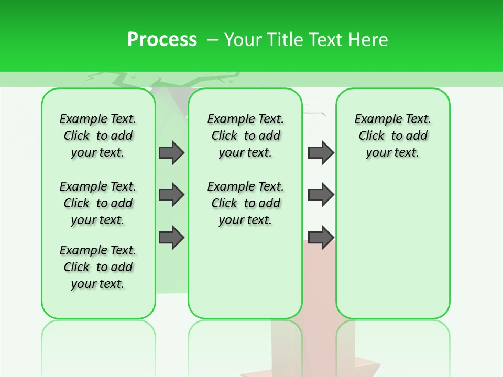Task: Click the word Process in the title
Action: pyautogui.click(x=162, y=40)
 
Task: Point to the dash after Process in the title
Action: pyautogui.click(x=213, y=40)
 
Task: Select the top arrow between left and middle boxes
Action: pyautogui.click(x=171, y=152)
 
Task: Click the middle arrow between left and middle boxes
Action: pyautogui.click(x=171, y=195)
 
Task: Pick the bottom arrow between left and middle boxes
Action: pyautogui.click(x=171, y=237)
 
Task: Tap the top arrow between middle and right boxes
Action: pyautogui.click(x=321, y=152)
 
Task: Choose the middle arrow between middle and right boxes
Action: pyautogui.click(x=321, y=195)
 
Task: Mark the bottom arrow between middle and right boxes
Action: pyautogui.click(x=321, y=237)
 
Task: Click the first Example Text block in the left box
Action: pyautogui.click(x=98, y=136)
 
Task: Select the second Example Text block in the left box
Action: pyautogui.click(x=98, y=203)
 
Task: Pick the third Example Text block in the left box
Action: pyautogui.click(x=98, y=267)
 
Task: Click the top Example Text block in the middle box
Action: pyautogui.click(x=245, y=136)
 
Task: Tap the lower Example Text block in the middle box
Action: pyautogui.click(x=245, y=203)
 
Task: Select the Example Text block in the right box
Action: pyautogui.click(x=392, y=136)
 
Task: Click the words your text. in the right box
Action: pyautogui.click(x=392, y=153)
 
